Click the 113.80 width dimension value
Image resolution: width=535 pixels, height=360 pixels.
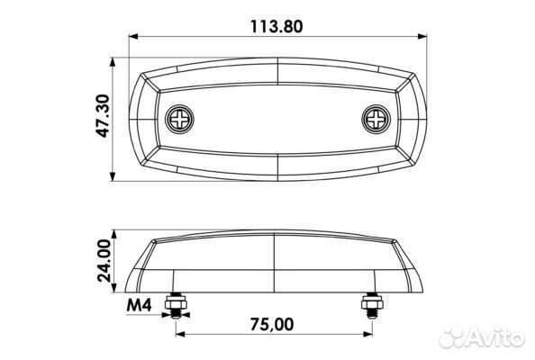click(277, 27)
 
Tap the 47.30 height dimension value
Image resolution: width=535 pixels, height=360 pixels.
click(103, 116)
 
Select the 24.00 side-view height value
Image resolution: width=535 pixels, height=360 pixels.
click(104, 261)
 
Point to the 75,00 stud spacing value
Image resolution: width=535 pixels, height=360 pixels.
click(272, 324)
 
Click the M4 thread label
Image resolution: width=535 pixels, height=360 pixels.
click(139, 305)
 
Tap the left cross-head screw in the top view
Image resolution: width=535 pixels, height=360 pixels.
click(179, 120)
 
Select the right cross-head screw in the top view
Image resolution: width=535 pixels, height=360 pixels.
click(376, 120)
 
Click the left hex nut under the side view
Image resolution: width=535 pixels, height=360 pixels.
click(176, 302)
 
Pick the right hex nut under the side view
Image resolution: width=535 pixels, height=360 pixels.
click(372, 302)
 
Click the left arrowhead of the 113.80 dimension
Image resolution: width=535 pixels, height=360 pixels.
click(133, 37)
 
